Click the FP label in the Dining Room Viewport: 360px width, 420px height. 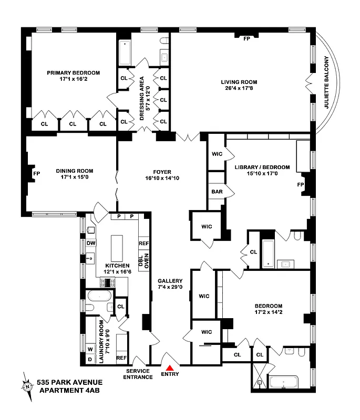[x=36, y=173]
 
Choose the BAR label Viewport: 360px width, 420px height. [x=217, y=192]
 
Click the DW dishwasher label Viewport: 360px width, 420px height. [x=90, y=243]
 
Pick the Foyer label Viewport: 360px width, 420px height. [x=162, y=172]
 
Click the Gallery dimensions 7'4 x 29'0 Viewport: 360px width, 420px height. [x=170, y=287]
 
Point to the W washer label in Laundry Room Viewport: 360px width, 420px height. [x=90, y=348]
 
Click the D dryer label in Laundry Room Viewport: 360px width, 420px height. [x=90, y=359]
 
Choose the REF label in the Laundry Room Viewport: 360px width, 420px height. [x=121, y=358]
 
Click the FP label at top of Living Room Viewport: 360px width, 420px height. [x=246, y=38]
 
